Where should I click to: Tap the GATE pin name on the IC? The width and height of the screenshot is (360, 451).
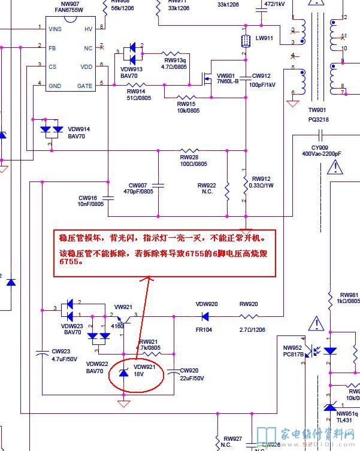click(x=85, y=86)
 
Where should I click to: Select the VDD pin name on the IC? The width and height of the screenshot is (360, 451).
click(x=87, y=66)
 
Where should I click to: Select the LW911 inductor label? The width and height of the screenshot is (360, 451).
click(x=264, y=38)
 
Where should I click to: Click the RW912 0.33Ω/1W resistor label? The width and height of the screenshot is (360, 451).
click(x=262, y=182)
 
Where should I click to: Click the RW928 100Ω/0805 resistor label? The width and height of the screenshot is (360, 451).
click(x=193, y=161)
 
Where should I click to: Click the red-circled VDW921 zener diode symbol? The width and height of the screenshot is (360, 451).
click(x=124, y=374)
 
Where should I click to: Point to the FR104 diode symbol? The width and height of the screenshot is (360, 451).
click(x=205, y=316)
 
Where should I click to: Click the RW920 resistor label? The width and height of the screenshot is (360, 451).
click(x=249, y=304)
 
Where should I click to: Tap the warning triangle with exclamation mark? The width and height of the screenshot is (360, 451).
click(x=315, y=325)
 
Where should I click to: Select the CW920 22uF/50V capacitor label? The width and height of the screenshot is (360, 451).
click(x=192, y=374)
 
